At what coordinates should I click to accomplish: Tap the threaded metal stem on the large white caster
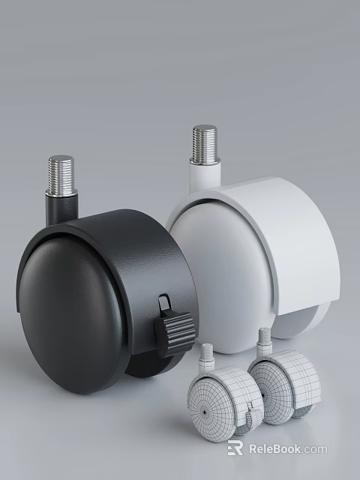[x=203, y=145]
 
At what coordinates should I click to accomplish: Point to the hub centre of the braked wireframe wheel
[x=203, y=411]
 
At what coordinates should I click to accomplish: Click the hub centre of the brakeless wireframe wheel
[x=262, y=395]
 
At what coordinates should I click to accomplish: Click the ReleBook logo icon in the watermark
[x=235, y=448]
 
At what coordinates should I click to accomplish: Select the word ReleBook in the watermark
[x=274, y=448]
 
